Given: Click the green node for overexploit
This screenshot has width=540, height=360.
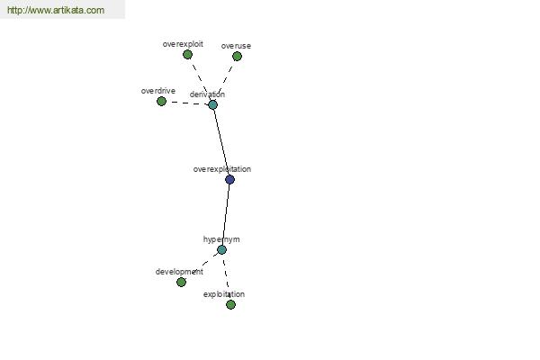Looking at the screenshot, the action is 187,54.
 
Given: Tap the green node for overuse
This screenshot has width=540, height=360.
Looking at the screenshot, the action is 237,56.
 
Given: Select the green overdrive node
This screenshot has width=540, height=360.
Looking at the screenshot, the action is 161,102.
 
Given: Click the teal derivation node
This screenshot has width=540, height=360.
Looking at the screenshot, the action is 212,104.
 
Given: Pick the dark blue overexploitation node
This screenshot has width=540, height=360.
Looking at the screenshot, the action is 229,179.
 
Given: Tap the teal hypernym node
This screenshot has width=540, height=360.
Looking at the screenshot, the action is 221,250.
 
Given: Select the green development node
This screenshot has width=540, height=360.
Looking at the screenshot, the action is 181,282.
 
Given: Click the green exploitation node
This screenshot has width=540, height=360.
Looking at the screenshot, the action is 230,304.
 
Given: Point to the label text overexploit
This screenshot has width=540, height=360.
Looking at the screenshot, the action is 183,44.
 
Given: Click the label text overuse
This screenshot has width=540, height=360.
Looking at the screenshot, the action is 236,46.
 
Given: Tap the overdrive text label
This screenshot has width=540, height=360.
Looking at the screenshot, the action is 158,91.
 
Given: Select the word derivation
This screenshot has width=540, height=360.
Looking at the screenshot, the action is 207,94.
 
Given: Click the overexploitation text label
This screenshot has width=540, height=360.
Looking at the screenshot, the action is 222,169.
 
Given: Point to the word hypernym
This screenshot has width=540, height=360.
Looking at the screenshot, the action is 221,239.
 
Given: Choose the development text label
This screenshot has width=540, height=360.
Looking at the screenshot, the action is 179,272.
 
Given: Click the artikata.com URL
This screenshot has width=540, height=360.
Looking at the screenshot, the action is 56,10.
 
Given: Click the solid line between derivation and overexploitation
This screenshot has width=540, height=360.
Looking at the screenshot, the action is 221,142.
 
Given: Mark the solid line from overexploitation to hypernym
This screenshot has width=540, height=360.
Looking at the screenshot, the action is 226,214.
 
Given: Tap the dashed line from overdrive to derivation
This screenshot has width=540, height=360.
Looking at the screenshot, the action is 187,103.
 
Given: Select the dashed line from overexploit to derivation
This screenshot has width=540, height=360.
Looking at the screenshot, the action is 201,80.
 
